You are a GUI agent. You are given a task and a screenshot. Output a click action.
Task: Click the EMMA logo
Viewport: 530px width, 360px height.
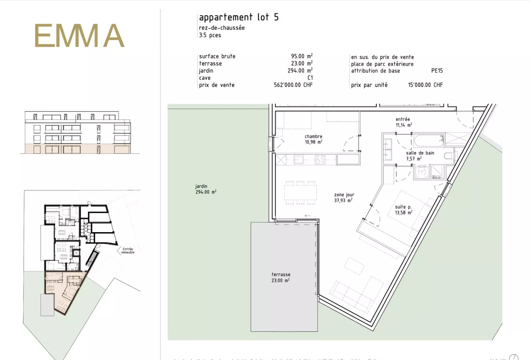[79, 35]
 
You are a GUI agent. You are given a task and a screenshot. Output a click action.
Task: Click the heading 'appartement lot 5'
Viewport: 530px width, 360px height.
[239, 17]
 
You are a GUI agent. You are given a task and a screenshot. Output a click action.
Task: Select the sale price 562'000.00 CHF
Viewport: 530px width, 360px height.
[293, 85]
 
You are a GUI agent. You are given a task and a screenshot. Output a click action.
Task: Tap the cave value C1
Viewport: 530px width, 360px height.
[310, 78]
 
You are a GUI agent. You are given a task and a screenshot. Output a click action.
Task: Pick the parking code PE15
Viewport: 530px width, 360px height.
[437, 71]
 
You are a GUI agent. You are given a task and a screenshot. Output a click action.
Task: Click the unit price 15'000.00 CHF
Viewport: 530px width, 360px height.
[425, 85]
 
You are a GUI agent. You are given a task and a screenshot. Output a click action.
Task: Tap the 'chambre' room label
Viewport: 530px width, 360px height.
[314, 136]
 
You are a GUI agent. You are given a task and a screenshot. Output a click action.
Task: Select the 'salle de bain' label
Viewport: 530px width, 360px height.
[420, 153]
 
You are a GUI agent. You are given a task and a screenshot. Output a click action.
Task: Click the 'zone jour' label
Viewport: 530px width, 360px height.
[344, 195]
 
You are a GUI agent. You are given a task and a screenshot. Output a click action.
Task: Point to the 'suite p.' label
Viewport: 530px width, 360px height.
[403, 207]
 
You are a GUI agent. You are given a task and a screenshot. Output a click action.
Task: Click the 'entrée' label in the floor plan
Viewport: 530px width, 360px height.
[403, 119]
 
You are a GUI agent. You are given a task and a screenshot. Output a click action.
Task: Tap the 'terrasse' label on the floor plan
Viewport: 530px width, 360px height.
[281, 274]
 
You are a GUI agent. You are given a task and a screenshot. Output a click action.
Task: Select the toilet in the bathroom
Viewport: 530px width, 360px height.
[449, 156]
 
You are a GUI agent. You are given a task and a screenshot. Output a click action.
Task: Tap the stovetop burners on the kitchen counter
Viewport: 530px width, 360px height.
[320, 160]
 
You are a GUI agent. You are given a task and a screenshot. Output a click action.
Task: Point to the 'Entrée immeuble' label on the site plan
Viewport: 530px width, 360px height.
[128, 251]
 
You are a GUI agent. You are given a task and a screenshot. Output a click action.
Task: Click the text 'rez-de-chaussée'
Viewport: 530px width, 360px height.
[222, 28]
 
